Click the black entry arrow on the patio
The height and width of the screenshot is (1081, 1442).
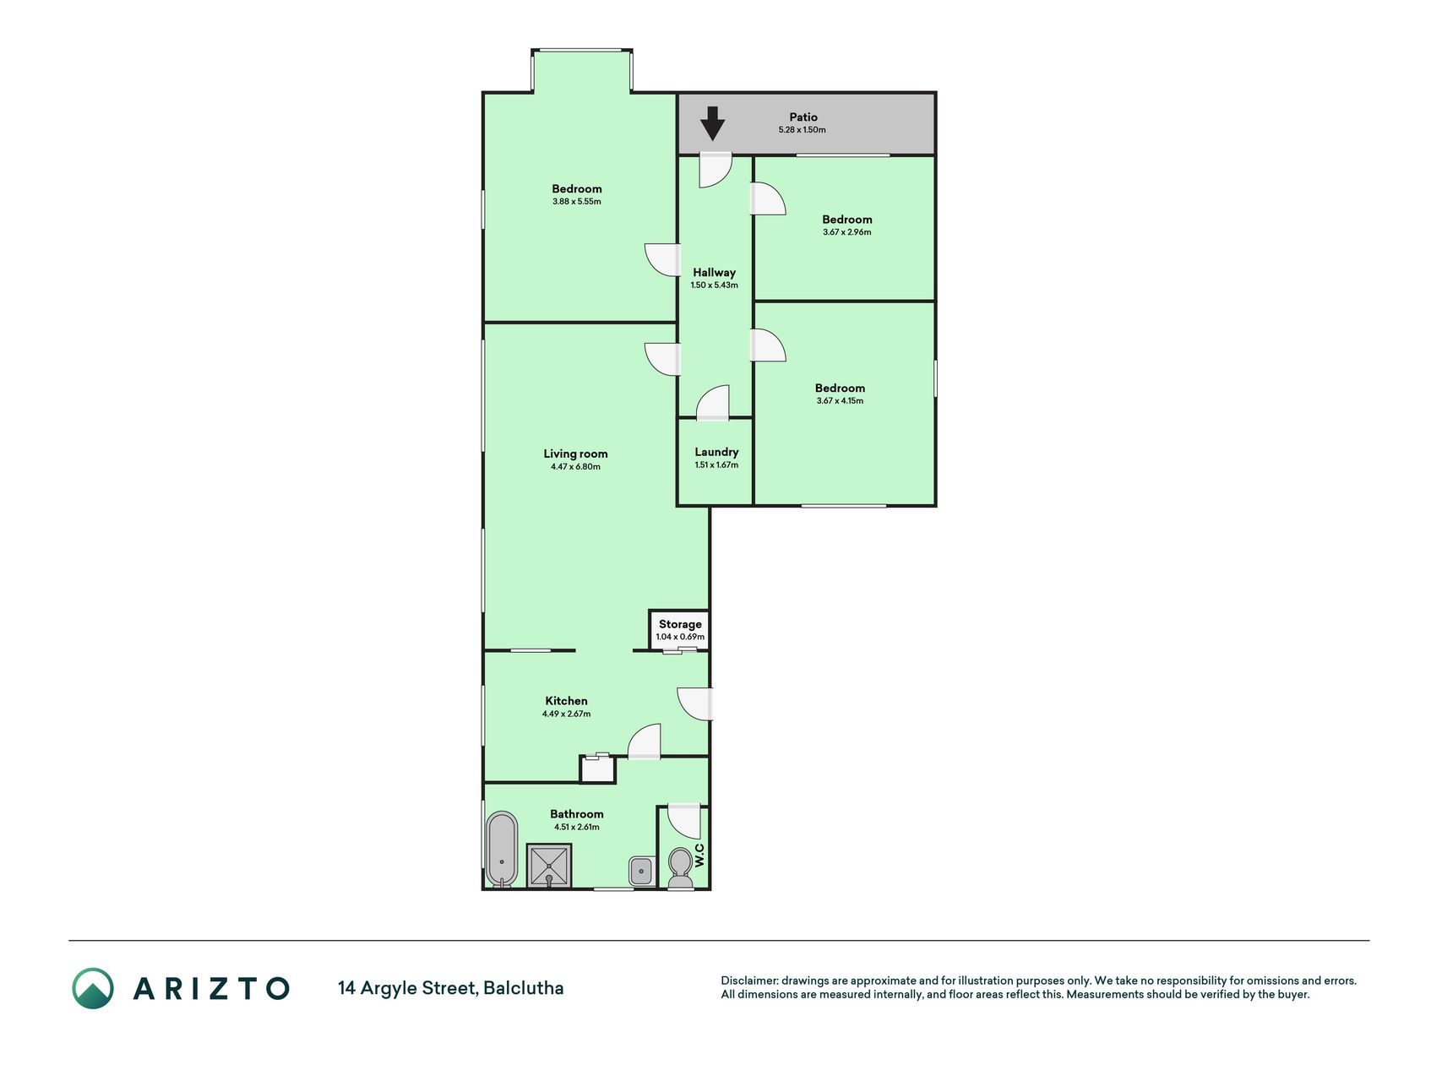tap(713, 123)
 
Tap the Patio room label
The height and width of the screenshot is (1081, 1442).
tap(803, 117)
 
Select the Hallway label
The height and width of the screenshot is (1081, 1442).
tap(715, 273)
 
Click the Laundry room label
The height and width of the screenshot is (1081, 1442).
tap(716, 452)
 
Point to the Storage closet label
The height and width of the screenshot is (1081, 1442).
tap(680, 624)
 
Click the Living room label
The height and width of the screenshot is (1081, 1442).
tap(575, 454)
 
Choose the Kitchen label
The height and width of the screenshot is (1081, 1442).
tap(566, 701)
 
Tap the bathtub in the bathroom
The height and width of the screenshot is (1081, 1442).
tap(502, 850)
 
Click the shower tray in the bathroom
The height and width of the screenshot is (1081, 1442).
tap(549, 866)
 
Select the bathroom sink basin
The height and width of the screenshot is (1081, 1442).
tap(641, 871)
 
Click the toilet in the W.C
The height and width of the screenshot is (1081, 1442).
tap(679, 869)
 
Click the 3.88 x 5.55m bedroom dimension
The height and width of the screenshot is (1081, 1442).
tap(577, 202)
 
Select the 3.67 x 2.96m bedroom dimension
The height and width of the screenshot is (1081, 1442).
tap(846, 232)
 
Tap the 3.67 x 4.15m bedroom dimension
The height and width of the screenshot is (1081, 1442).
tap(840, 401)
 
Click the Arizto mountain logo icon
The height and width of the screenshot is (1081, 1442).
tap(92, 988)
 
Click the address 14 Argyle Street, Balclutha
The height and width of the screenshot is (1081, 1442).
tap(451, 988)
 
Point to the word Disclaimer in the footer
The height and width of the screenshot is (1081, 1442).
tap(749, 981)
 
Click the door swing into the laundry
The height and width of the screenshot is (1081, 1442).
tap(713, 403)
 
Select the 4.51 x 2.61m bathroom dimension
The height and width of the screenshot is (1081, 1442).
tap(577, 828)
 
